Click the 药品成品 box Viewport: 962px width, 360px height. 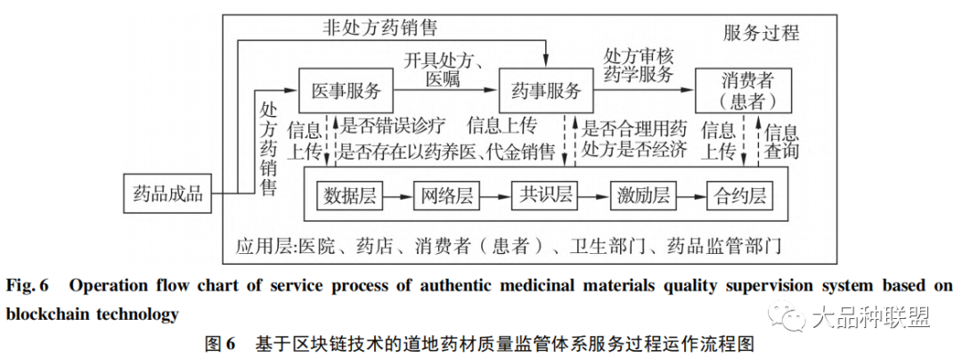[168, 192]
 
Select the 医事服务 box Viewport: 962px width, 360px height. [346, 91]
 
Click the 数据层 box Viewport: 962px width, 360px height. [352, 195]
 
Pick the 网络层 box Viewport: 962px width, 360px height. [447, 195]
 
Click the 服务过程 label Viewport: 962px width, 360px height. [762, 34]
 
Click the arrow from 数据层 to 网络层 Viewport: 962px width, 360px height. [399, 195]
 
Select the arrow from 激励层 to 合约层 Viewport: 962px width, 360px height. [690, 195]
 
